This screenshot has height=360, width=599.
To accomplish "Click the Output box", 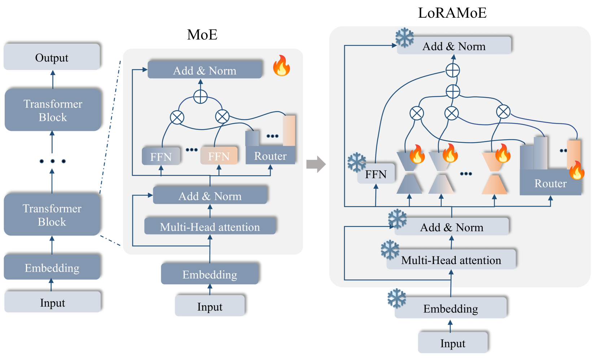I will click(52, 57).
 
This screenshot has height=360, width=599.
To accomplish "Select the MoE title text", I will click(202, 35).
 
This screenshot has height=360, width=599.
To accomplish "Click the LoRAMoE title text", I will click(452, 13).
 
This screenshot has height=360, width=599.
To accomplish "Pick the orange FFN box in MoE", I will click(219, 156).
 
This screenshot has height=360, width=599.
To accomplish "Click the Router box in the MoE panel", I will click(270, 156).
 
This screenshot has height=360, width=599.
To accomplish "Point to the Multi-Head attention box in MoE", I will click(210, 227).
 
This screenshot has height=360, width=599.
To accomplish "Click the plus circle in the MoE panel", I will click(200, 97).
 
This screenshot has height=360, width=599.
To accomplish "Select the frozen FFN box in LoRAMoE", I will click(376, 175).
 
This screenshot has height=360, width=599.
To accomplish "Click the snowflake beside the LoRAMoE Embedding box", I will click(397, 298).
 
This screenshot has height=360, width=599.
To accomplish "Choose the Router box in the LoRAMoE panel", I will click(550, 183).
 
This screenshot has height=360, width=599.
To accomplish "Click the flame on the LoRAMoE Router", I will click(577, 171).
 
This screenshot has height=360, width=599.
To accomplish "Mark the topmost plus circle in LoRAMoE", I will click(452, 70).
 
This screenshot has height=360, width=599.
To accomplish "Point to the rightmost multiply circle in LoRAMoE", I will click(503, 112).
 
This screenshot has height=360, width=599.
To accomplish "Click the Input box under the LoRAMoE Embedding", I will click(452, 343).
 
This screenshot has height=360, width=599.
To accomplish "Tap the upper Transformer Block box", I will click(53, 110).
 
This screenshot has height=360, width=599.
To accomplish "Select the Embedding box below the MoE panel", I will click(210, 274).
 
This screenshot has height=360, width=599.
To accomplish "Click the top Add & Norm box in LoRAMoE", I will click(454, 46).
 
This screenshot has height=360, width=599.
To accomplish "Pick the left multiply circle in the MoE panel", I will click(177, 117).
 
